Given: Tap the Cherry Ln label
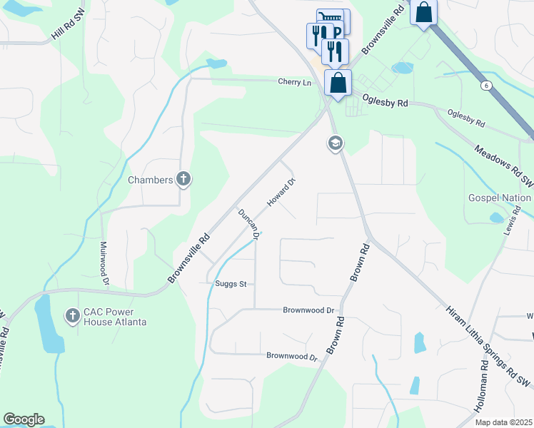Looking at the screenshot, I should point(295,83).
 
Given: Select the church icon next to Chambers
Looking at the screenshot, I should point(183,179).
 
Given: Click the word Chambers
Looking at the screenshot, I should point(151,180).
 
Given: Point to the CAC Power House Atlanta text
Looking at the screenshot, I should point(114,317).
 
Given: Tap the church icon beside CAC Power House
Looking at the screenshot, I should point(72,315).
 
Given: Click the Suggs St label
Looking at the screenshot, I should point(231,284).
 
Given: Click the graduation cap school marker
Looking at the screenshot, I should point(335,144).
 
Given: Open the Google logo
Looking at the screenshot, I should point(24,419).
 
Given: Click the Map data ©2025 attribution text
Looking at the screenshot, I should point(503,422).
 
